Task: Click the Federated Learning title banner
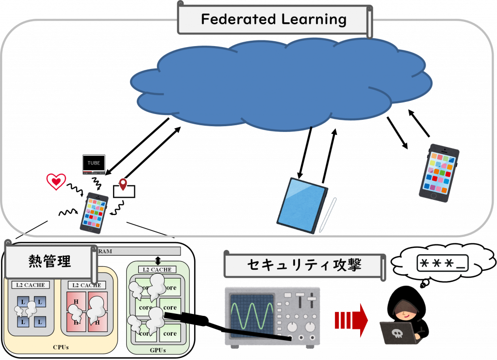(273, 20)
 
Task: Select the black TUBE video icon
(94, 164)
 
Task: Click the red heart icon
(56, 181)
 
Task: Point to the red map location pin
(123, 184)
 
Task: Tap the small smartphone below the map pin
(94, 213)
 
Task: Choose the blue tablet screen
(302, 203)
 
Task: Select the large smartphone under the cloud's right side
(438, 172)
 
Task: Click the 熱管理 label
(50, 262)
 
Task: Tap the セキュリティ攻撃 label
(304, 265)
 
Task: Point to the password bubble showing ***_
(442, 263)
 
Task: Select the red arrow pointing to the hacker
(351, 320)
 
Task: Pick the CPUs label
(61, 347)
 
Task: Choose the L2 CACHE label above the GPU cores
(157, 269)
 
